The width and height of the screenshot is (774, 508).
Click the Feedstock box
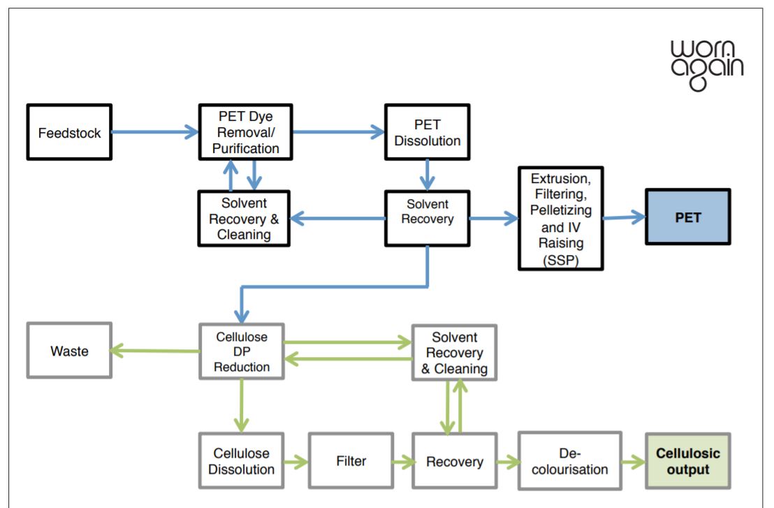69,132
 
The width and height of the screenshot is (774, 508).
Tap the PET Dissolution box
427,132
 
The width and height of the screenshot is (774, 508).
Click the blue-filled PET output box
687,217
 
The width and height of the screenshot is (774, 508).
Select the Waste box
69,350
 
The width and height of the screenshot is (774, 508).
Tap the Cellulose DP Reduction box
241,351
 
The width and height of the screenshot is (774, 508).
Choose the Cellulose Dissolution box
241,461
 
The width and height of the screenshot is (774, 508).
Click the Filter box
350,461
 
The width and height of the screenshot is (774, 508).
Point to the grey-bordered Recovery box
454,461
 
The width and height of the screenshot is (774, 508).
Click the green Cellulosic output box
687,461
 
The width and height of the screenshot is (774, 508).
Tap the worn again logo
706,65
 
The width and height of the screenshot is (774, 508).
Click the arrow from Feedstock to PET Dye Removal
154,131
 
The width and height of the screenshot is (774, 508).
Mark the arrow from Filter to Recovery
401,461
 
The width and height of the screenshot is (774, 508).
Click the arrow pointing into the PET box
625,217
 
